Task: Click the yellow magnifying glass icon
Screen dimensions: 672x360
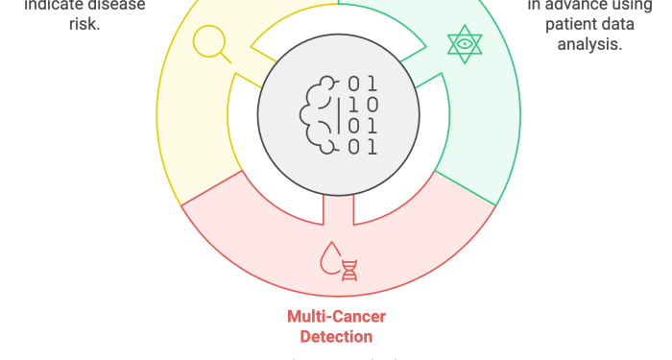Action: pos(210,43)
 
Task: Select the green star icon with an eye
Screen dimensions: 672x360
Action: pos(465,44)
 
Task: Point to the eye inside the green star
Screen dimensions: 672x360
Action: pos(465,44)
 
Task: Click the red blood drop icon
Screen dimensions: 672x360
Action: pos(331,258)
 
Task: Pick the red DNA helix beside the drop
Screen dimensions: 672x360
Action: pos(349,269)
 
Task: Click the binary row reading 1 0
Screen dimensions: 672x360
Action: pos(363,105)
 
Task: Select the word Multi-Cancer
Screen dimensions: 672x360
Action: pos(336,317)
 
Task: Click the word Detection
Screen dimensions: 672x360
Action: pos(336,337)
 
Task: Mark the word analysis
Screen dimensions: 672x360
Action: pos(594,44)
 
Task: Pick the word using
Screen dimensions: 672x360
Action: pos(636,5)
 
